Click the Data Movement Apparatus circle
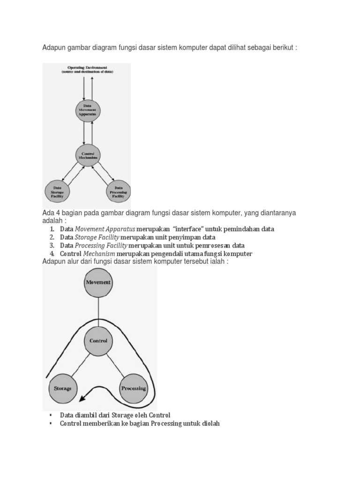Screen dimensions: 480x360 [x=88, y=110]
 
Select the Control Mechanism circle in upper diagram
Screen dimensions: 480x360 [x=88, y=156]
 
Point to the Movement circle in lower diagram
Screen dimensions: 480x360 [x=98, y=283]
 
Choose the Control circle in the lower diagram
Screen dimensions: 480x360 [x=98, y=341]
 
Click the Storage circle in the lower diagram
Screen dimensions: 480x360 [x=63, y=389]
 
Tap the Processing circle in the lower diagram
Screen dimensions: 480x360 [x=134, y=388]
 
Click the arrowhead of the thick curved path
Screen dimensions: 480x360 [x=83, y=398]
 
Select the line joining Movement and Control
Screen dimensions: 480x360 [x=98, y=312]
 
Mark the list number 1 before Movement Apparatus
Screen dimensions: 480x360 [x=51, y=229]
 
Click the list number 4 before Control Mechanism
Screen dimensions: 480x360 [x=51, y=254]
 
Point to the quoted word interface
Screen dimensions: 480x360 [x=190, y=229]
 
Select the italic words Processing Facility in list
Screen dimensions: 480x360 [x=101, y=246]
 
